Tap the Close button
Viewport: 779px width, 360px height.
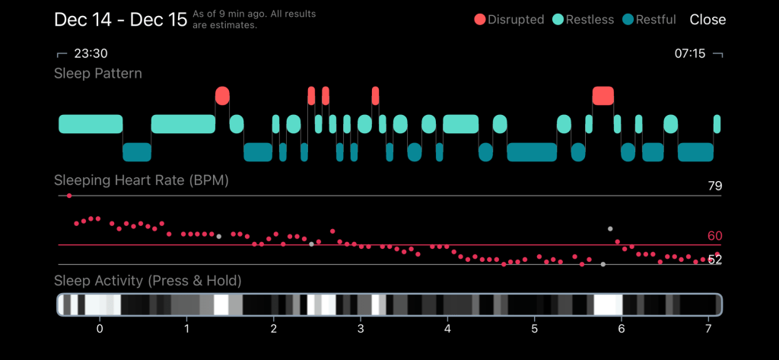coord(707,20)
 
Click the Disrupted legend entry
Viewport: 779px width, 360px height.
coord(509,20)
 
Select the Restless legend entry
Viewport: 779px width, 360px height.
coord(583,20)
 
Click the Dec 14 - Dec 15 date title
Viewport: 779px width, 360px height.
coord(120,20)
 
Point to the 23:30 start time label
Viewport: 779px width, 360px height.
coord(90,54)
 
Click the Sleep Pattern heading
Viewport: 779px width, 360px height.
coord(98,74)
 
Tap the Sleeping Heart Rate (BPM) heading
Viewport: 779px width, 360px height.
coord(141,181)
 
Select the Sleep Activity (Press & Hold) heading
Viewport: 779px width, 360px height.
coord(148,281)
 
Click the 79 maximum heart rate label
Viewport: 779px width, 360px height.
coord(714,186)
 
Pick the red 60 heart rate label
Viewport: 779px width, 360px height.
coord(714,236)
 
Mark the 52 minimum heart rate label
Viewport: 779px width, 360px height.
coord(714,260)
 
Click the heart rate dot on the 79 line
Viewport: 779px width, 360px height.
coord(69,196)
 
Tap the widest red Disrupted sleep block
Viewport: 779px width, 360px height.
coord(603,95)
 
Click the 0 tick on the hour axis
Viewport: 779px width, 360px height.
coord(99,328)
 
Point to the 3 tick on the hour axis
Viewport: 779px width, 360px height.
coord(360,328)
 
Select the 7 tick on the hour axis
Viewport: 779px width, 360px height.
coord(708,328)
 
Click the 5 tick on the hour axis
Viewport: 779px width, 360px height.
coord(534,328)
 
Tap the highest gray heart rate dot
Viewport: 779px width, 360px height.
coord(609,228)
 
